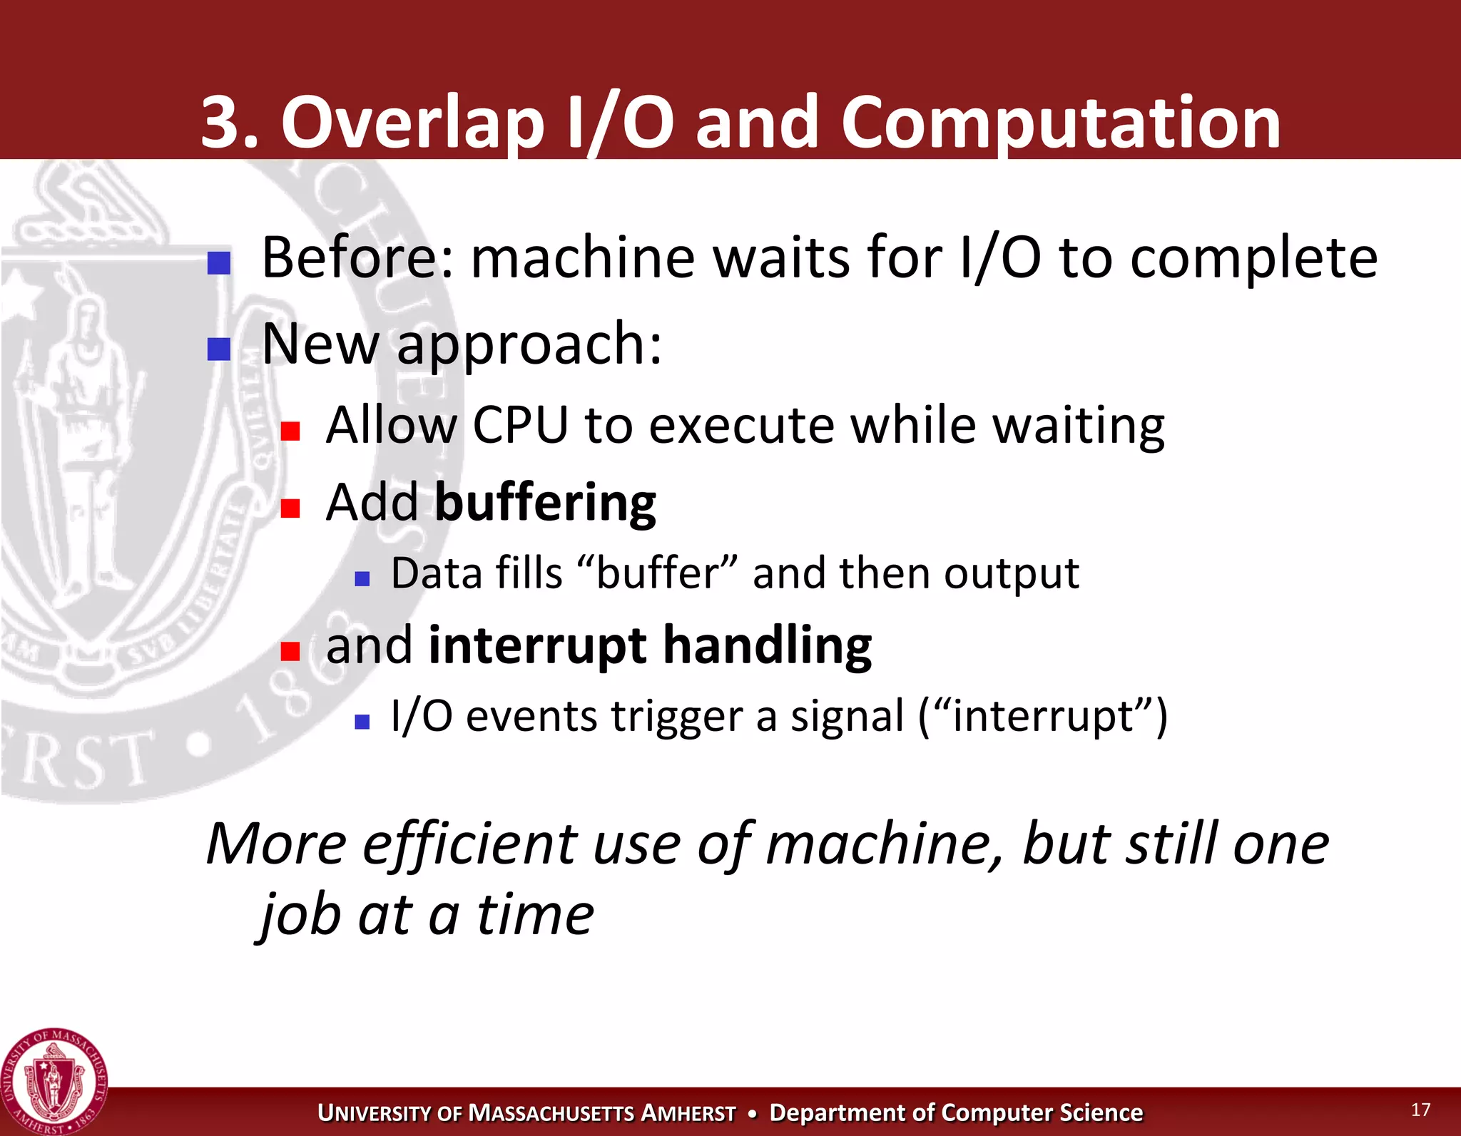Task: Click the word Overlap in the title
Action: coord(412,123)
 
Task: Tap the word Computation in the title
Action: coord(1060,123)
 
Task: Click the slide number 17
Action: coord(1420,1110)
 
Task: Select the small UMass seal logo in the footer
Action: coord(54,1081)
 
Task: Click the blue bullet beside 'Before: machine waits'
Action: coord(219,263)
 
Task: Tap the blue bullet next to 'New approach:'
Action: coord(219,349)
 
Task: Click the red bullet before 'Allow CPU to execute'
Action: coord(290,431)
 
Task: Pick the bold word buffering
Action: coord(545,503)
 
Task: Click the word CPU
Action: coord(520,426)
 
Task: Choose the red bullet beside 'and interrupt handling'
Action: coord(290,651)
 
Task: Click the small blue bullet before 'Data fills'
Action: coord(362,578)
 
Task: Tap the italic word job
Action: coord(300,916)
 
